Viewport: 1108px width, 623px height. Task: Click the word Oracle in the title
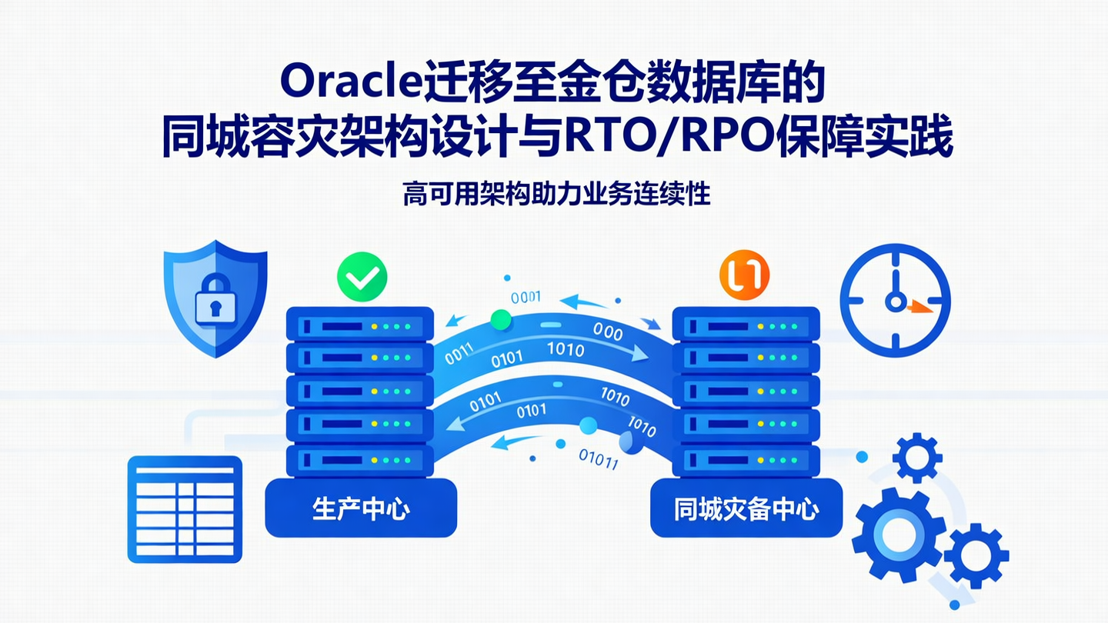(x=349, y=81)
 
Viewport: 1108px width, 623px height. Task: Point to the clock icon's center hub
(x=895, y=301)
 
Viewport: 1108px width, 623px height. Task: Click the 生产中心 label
(x=361, y=508)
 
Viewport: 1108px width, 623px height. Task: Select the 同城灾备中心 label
(x=746, y=508)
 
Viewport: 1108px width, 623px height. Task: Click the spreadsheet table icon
(x=185, y=508)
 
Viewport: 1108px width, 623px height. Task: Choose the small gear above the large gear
(x=917, y=457)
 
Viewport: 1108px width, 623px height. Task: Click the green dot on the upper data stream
(x=501, y=318)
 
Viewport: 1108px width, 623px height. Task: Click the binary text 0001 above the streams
(x=526, y=296)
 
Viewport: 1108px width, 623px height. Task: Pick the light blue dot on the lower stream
(x=589, y=425)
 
